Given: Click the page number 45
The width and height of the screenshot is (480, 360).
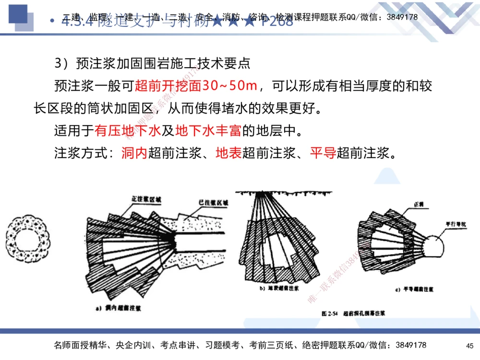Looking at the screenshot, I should [469, 346].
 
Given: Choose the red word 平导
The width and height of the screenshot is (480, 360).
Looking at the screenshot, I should [323, 154].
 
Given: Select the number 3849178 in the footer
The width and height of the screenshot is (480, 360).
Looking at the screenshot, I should [407, 346].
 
